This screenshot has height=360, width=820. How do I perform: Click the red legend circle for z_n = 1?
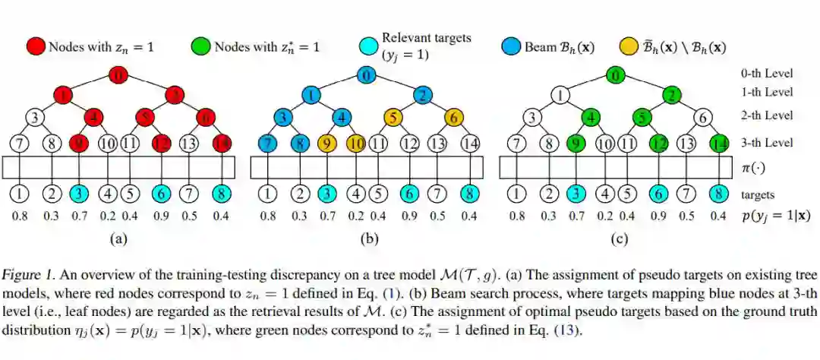pyautogui.click(x=36, y=46)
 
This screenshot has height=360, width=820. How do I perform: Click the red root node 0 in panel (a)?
pyautogui.click(x=118, y=75)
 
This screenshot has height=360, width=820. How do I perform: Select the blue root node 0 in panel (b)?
pyautogui.click(x=366, y=75)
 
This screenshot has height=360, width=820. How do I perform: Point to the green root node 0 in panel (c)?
pyautogui.click(x=616, y=75)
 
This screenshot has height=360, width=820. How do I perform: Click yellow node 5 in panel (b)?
pyautogui.click(x=393, y=118)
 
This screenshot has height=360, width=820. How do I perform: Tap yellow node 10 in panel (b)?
pyautogui.click(x=355, y=143)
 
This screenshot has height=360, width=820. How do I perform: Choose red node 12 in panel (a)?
pyautogui.click(x=160, y=143)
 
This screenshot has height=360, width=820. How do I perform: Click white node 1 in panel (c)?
pyautogui.click(x=560, y=96)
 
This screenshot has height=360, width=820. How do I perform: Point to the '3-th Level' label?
pyautogui.click(x=767, y=143)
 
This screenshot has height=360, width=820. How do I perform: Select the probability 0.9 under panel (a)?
pyautogui.click(x=160, y=216)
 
